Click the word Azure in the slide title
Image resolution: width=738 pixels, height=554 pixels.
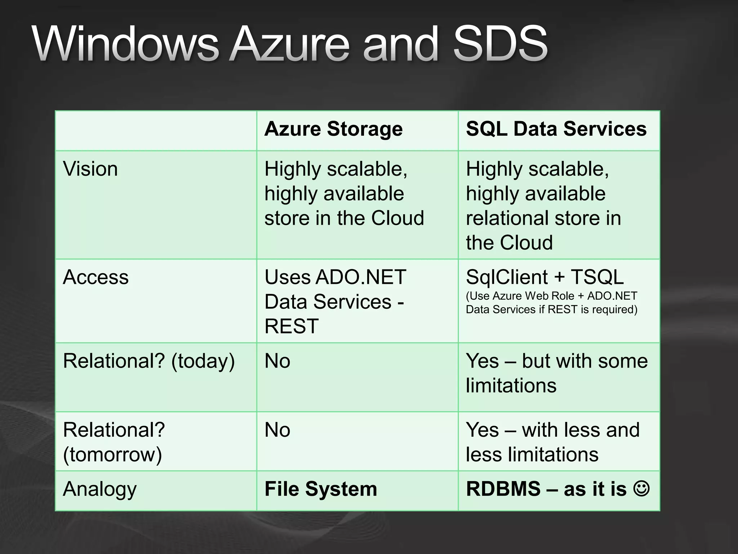point(290,44)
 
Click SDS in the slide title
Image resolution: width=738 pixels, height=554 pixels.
point(500,44)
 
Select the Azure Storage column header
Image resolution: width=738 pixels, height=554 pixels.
point(333,129)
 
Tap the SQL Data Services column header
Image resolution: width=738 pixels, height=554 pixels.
point(556,129)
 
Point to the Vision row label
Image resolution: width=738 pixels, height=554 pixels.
point(90,169)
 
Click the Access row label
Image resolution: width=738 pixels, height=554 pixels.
point(95,277)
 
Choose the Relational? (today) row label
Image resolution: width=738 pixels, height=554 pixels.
point(148,361)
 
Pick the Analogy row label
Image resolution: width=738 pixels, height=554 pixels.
point(100,489)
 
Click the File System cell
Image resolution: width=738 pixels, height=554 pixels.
point(321,489)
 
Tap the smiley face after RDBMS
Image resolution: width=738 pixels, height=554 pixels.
point(641,488)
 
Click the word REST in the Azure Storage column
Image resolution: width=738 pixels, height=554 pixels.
point(292,326)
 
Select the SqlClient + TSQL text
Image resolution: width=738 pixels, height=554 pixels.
point(544,277)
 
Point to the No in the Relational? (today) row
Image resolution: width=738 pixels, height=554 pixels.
point(277,361)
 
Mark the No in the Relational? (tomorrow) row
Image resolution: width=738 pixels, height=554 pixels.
point(277,430)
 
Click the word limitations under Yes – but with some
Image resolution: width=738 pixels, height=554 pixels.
point(511,385)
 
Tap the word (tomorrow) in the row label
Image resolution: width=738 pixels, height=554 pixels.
point(112,454)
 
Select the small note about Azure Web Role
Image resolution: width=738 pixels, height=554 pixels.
point(551,303)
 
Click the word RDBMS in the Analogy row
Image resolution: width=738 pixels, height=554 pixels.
point(503,489)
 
